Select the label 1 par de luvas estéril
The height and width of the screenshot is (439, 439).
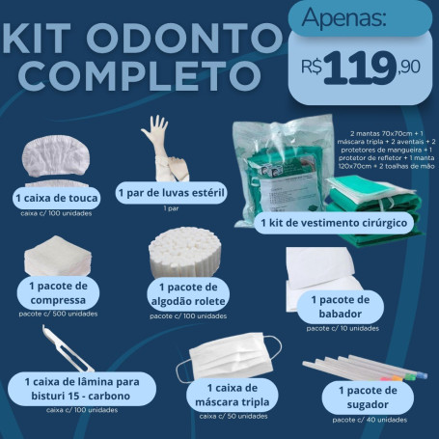pyautogui.click(x=171, y=192)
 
